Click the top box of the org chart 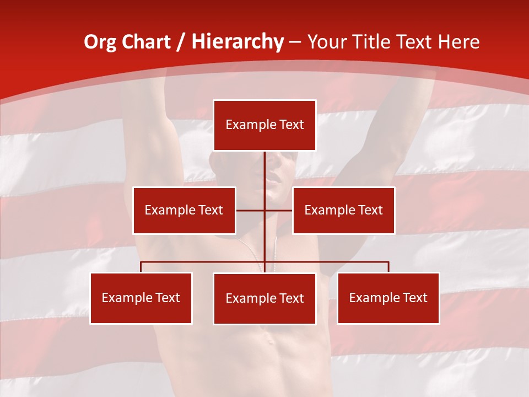[x=264, y=125]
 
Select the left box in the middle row [x=184, y=210]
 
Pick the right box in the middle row [x=343, y=210]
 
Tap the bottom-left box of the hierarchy [x=141, y=298]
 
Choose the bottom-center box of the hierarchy [x=264, y=299]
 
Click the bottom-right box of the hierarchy [x=388, y=298]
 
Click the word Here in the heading [x=459, y=42]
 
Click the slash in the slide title [x=182, y=42]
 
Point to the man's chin [x=274, y=196]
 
